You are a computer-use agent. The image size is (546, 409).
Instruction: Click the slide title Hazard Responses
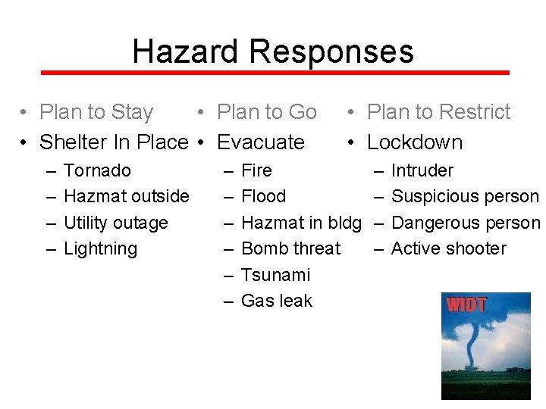tap(273, 52)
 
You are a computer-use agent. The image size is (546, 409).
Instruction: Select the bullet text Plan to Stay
tap(96, 112)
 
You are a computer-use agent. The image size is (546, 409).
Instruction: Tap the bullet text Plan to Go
tap(266, 112)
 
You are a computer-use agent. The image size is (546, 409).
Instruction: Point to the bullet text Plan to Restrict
tap(438, 112)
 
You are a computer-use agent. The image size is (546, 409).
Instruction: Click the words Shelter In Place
tap(113, 142)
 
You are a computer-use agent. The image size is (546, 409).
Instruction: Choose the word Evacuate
tap(260, 142)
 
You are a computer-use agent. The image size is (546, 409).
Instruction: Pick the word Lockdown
tap(414, 142)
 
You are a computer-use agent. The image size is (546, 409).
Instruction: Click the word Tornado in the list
tap(97, 170)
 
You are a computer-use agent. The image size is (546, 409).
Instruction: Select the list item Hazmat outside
tap(126, 196)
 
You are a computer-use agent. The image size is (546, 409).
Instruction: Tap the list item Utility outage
tap(115, 223)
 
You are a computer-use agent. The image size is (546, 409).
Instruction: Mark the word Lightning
tap(100, 248)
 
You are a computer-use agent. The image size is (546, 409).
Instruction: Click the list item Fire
tap(256, 170)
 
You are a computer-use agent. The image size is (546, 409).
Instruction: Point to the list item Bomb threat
tap(290, 248)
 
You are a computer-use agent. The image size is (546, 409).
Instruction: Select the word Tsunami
tap(275, 275)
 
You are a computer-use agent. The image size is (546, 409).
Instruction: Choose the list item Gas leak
tap(276, 301)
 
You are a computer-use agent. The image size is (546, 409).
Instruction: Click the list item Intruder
tap(422, 170)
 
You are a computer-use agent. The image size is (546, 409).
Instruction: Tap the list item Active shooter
tap(448, 248)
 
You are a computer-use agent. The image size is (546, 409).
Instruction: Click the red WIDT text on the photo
tap(466, 306)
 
